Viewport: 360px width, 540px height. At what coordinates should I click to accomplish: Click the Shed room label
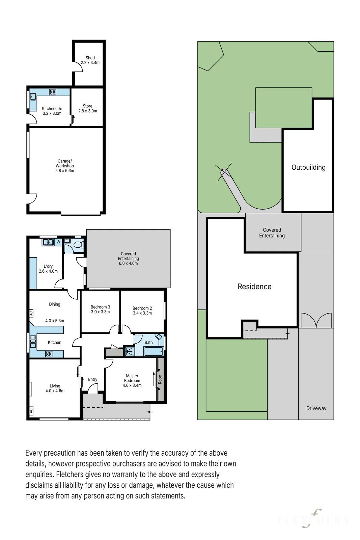[x=90, y=58]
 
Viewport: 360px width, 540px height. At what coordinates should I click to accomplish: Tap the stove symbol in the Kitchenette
[x=53, y=92]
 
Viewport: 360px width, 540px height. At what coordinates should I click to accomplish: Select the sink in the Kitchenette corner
[x=33, y=97]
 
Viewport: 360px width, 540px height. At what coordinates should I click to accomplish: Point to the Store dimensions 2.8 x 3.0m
[x=88, y=111]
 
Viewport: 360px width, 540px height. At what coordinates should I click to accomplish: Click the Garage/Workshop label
[x=64, y=163]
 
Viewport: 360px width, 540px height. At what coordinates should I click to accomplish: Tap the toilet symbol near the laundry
[x=79, y=245]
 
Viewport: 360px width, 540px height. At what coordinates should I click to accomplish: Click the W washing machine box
[x=58, y=242]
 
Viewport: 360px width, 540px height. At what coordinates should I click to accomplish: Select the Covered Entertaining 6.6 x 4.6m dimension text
[x=128, y=263]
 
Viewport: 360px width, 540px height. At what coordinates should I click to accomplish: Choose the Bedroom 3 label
[x=100, y=307]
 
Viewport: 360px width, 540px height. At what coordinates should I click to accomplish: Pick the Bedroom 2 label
[x=142, y=308]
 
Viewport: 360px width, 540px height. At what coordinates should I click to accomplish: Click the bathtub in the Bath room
[x=154, y=351]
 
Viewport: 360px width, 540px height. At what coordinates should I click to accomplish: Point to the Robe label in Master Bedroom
[x=160, y=379]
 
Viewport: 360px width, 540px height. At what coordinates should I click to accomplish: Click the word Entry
[x=92, y=379]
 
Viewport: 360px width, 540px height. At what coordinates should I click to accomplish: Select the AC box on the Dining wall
[x=31, y=314]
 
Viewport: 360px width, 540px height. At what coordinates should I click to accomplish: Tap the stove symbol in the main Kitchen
[x=49, y=354]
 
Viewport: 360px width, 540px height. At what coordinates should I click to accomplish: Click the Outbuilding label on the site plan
[x=308, y=167]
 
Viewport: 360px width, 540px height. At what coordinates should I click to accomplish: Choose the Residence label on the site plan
[x=254, y=287]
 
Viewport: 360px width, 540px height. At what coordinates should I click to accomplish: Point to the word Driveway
[x=316, y=408]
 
